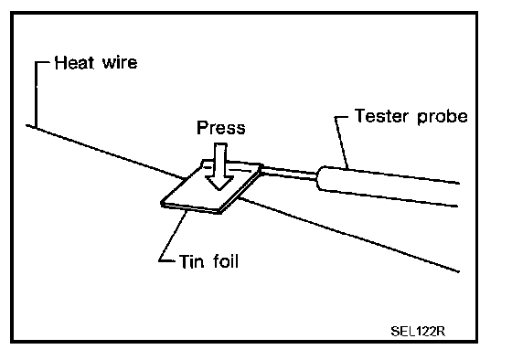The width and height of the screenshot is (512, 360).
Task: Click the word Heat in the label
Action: tap(75, 63)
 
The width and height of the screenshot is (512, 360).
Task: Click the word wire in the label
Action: tap(120, 62)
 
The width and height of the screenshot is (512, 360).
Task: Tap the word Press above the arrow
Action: tap(221, 128)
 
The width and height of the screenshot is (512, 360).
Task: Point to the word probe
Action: tap(443, 117)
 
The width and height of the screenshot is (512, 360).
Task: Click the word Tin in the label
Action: tap(192, 261)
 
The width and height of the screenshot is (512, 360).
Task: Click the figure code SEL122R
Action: tap(418, 332)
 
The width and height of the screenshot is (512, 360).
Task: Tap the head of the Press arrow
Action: tap(219, 183)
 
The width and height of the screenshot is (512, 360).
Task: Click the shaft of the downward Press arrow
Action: tap(220, 160)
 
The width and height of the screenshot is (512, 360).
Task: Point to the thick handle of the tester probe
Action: tap(389, 186)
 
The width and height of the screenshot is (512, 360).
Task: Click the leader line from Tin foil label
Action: tap(173, 236)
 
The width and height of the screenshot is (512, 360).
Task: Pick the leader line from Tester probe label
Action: tap(342, 143)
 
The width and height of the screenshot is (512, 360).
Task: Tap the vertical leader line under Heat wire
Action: tap(36, 95)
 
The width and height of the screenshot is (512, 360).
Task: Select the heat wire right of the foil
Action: tap(349, 234)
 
